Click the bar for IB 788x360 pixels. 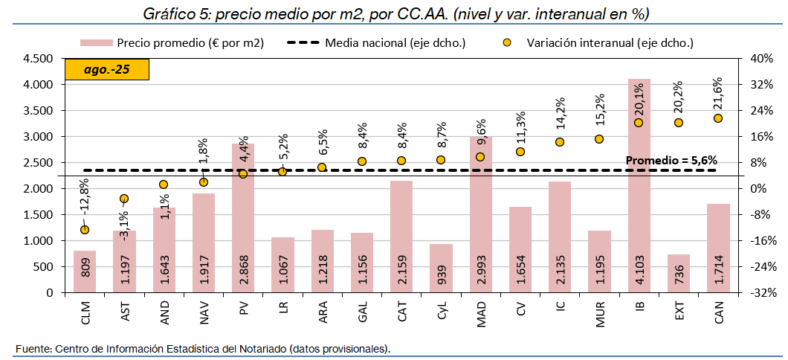pyautogui.click(x=639, y=186)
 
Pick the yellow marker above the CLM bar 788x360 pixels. pyautogui.click(x=85, y=230)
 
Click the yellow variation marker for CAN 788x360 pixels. pyautogui.click(x=718, y=118)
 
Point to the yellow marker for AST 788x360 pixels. pyautogui.click(x=124, y=199)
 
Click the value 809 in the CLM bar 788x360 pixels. pyautogui.click(x=85, y=275)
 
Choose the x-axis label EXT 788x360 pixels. pyautogui.click(x=679, y=309)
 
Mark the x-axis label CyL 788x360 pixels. pyautogui.click(x=441, y=309)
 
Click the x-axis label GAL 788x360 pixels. pyautogui.click(x=362, y=309)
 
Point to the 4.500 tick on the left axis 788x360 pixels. pyautogui.click(x=38, y=59)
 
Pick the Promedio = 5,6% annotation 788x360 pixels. pyautogui.click(x=671, y=160)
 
